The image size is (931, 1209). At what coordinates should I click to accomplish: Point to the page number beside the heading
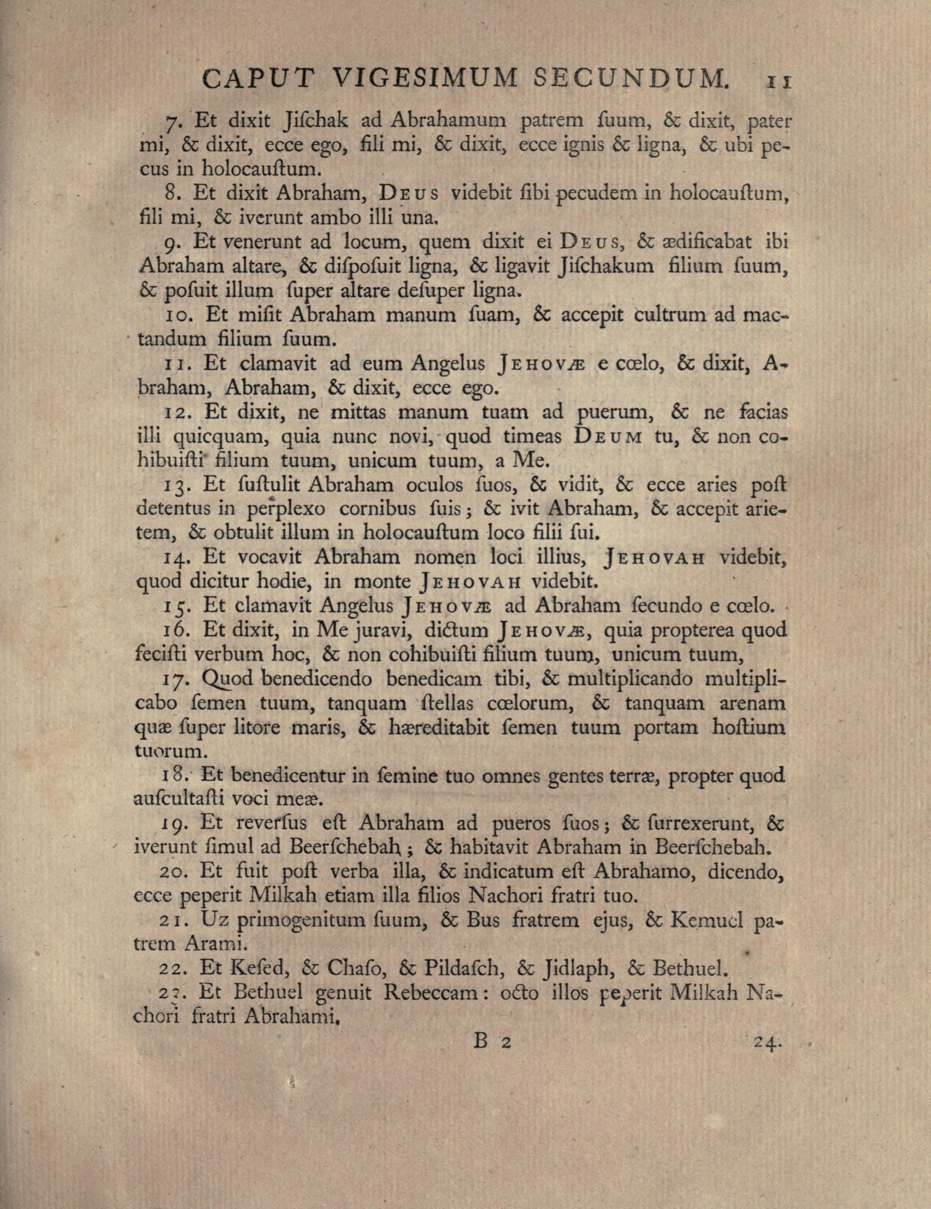(x=779, y=81)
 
